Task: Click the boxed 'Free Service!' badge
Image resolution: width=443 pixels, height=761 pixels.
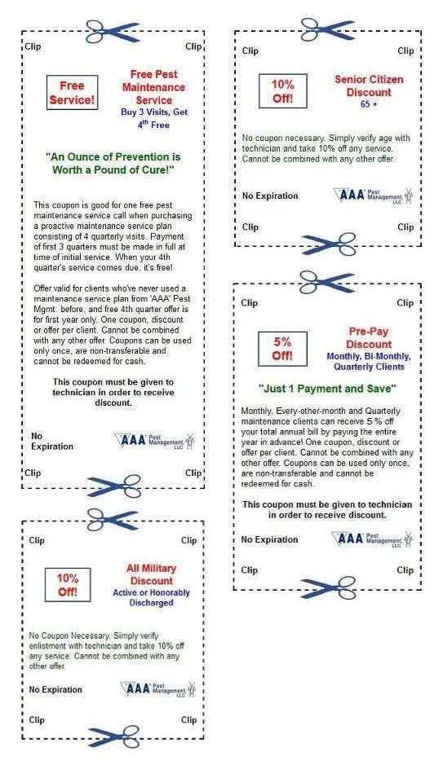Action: click(x=73, y=92)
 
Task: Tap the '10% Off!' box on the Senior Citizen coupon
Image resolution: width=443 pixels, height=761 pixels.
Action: click(x=283, y=90)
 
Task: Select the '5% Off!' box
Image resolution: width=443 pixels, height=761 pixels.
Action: click(x=282, y=349)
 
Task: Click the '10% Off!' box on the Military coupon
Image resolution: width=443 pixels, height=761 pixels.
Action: click(x=68, y=585)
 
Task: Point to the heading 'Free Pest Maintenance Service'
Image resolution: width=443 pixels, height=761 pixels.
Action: click(x=153, y=87)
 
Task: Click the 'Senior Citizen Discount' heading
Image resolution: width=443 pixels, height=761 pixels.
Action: click(x=369, y=86)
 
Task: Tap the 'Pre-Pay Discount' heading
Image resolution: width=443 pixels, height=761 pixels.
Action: click(x=369, y=338)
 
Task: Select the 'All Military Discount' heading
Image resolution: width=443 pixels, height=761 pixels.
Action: click(x=152, y=574)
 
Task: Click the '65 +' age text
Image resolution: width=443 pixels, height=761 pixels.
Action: click(x=369, y=103)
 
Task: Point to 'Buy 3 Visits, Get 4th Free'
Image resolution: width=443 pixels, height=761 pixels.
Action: click(x=154, y=118)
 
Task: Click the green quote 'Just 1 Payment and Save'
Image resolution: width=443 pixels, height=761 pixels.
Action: click(x=327, y=389)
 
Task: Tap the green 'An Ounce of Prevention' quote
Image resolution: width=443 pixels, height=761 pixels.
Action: click(x=113, y=163)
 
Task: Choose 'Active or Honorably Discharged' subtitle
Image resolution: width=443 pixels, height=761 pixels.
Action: click(x=151, y=597)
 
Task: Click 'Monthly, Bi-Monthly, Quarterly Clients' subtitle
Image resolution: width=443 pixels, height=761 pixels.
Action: click(x=369, y=362)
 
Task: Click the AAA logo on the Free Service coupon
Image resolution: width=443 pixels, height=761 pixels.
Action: click(x=154, y=441)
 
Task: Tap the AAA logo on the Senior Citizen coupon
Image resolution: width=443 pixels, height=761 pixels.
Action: click(x=374, y=195)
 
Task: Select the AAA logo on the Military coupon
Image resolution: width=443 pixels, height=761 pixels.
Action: click(x=158, y=688)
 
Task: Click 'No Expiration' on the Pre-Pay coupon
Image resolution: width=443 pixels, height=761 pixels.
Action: click(x=269, y=539)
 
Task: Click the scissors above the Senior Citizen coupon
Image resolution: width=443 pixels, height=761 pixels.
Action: click(x=328, y=30)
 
